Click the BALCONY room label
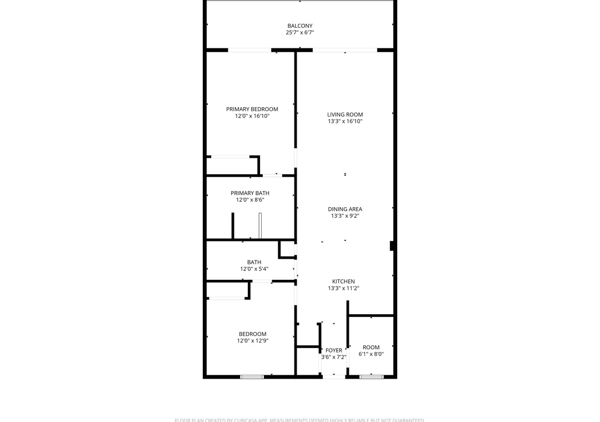pos(299,26)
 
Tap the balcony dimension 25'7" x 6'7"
pos(299,33)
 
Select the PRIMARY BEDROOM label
pos(252,109)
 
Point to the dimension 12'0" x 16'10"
pos(252,116)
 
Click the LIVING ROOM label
pos(345,114)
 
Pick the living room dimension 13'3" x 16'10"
pos(345,121)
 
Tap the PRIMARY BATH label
pos(250,193)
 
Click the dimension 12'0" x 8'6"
pos(250,200)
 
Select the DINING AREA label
pos(345,209)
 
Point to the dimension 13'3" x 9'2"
pos(345,216)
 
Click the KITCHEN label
pos(343,282)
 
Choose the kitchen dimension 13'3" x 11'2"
pos(343,288)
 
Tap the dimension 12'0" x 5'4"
pos(254,269)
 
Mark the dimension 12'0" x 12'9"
pos(252,341)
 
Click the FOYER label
pos(334,350)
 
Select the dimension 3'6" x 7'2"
pos(333,357)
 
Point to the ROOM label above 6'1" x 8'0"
pos(371,347)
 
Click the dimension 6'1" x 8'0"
pos(371,354)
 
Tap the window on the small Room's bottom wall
pos(371,377)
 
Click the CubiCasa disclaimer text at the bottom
pos(299,420)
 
